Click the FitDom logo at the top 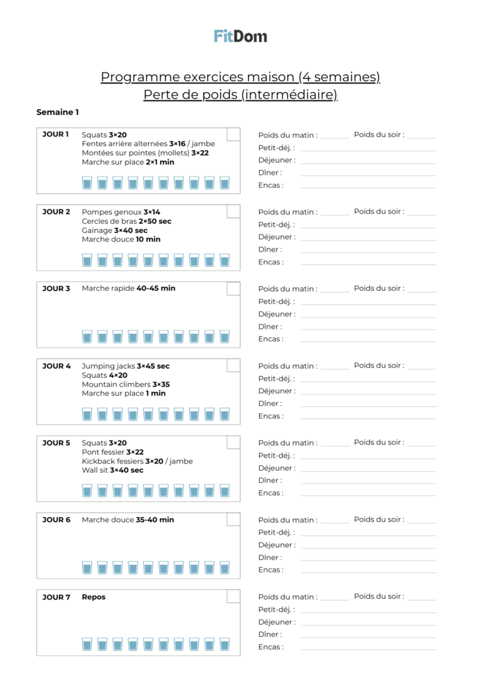(x=241, y=36)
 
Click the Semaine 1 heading (x=58, y=112)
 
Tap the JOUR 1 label (x=56, y=134)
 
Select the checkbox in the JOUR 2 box (x=233, y=212)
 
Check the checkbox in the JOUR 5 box (x=233, y=442)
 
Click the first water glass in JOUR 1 (x=86, y=183)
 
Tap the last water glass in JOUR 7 (x=225, y=644)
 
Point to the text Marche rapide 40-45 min (x=128, y=288)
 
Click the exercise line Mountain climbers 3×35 (x=126, y=384)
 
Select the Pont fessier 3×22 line (x=112, y=452)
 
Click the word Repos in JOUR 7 (x=94, y=597)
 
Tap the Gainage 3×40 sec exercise (x=114, y=230)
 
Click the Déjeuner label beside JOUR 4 (x=277, y=391)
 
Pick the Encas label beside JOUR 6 (x=270, y=570)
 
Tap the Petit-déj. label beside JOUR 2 (x=276, y=224)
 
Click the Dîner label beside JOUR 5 (x=270, y=480)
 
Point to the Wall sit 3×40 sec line (x=112, y=470)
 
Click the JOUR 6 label (x=56, y=520)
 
